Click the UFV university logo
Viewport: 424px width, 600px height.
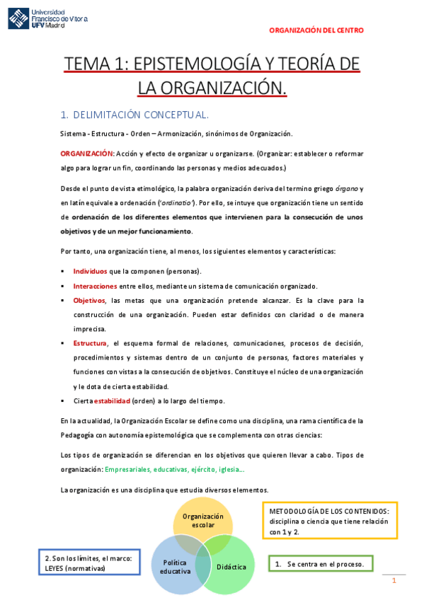[48, 18]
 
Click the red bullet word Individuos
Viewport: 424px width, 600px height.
[90, 271]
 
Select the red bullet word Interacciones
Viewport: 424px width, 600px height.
[95, 286]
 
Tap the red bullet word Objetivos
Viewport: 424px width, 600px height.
[88, 300]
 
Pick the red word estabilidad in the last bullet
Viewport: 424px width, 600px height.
[113, 400]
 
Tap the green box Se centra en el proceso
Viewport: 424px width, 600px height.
[320, 564]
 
